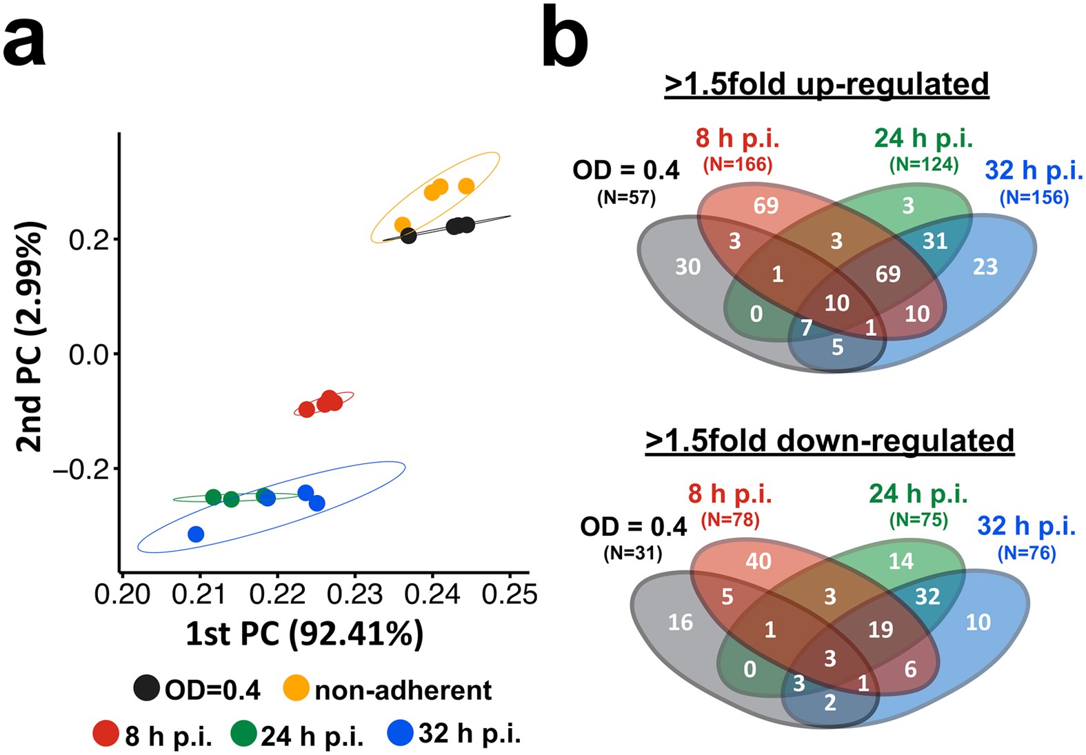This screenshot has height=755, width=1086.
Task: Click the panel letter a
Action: coord(25,43)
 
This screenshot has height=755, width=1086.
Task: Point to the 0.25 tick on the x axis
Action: coord(510,594)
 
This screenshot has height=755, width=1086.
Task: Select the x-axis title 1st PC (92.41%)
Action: coord(304,634)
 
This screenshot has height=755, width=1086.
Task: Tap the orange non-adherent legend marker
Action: coord(296,688)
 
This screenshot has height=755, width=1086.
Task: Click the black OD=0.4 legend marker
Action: coord(147,688)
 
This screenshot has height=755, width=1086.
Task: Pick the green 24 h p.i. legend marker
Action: coord(243,734)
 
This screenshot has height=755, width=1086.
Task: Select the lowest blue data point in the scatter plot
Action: coord(196,534)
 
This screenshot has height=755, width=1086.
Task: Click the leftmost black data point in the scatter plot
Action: coord(408,236)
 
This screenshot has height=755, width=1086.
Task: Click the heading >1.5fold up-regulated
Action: coord(826,84)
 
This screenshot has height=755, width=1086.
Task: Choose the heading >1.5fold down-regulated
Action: coord(829,441)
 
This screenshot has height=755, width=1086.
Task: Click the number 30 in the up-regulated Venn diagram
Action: coord(687,267)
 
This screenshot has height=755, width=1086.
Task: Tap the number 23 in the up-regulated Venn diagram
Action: coord(985,267)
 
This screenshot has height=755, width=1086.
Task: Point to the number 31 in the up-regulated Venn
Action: coord(934,241)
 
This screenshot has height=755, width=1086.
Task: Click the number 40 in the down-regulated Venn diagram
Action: coord(758,561)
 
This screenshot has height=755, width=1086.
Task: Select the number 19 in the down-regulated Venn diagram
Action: coord(881,630)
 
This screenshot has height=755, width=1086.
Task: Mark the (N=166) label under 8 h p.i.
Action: coord(738,165)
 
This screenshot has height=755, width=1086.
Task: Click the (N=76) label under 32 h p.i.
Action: coord(1027,553)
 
